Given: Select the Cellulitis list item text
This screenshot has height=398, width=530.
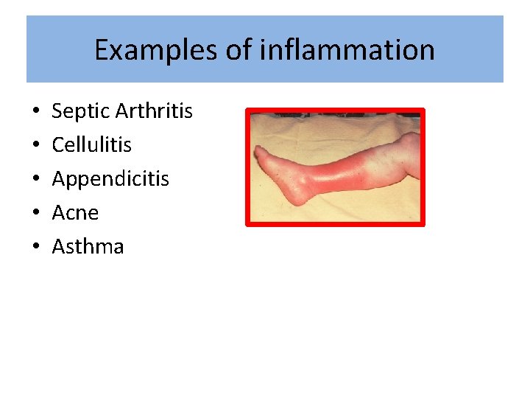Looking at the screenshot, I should [91, 145].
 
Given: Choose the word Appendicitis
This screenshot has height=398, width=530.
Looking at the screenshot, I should [110, 179].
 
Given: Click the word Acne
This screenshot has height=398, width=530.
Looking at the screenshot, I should [75, 213].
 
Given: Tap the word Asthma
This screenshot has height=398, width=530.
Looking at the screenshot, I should [88, 247].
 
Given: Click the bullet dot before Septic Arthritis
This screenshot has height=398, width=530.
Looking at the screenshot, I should [35, 113].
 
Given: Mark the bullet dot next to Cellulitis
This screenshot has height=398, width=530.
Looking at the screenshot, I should [35, 146].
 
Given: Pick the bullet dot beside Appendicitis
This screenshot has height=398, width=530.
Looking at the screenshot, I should [35, 180].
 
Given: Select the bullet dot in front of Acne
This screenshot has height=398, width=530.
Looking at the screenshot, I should [35, 214].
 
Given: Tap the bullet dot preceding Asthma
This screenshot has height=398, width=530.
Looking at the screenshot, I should [35, 248].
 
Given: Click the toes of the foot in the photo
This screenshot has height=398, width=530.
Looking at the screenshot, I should [259, 157].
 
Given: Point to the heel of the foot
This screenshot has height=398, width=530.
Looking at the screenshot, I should [294, 198].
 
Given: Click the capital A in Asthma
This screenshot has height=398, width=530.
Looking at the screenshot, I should [58, 247].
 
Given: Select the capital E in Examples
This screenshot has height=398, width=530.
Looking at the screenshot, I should [102, 50].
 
